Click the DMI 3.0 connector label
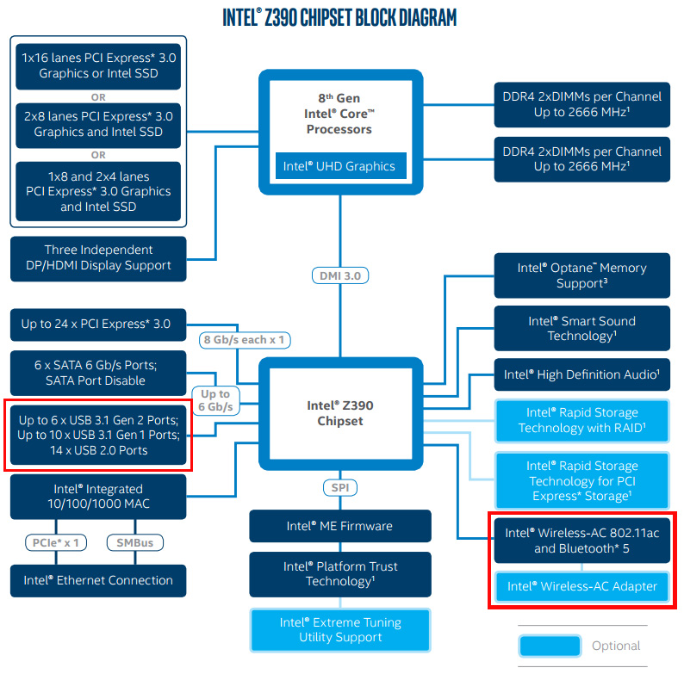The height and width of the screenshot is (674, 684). coord(340,275)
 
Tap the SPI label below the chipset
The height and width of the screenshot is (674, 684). coord(340,487)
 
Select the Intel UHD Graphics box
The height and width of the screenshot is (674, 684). coord(340,165)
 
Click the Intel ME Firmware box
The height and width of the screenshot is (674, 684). coord(340,526)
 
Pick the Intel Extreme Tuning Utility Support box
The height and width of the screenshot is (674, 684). coord(340,629)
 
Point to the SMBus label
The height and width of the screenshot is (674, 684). coord(135,542)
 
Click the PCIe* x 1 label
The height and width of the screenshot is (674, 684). coord(56,542)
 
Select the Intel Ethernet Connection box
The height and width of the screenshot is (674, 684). coord(98,580)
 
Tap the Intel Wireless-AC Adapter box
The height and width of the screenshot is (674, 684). coord(582,586)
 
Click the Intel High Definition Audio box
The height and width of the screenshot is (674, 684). coord(582,374)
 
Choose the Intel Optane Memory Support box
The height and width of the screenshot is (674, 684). coord(582,275)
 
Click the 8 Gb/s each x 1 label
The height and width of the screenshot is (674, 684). coord(245,340)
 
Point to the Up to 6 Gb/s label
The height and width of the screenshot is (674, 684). coord(215,400)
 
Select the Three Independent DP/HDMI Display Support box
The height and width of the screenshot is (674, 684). coord(98,258)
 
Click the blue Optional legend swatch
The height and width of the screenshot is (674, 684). coord(550,646)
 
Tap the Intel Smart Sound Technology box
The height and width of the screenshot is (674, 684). coord(582,328)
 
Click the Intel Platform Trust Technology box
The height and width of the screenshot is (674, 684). coord(340,574)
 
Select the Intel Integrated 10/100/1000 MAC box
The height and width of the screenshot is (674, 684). coord(98,497)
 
